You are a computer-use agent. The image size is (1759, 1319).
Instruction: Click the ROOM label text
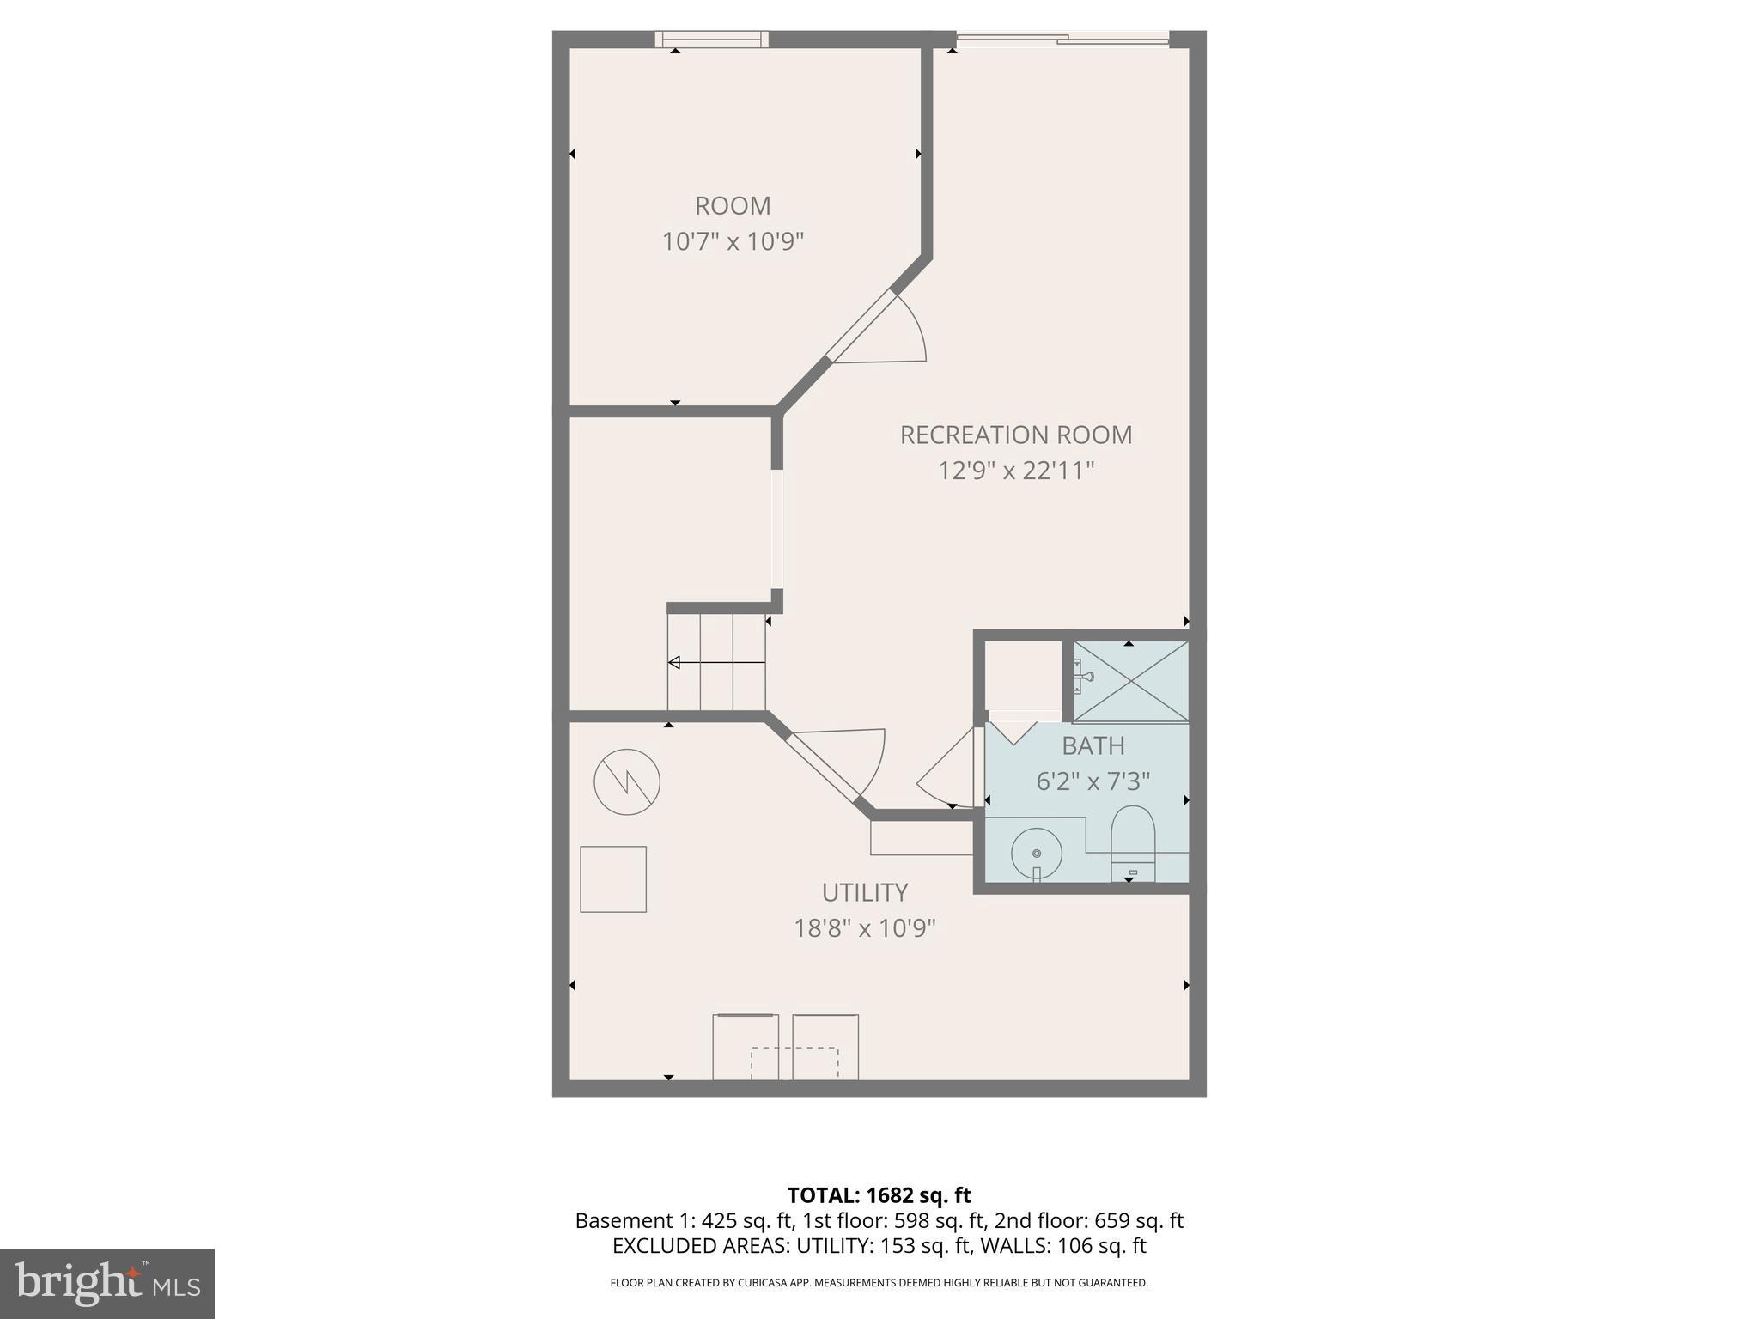(733, 206)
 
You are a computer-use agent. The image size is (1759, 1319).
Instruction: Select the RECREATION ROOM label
(1015, 435)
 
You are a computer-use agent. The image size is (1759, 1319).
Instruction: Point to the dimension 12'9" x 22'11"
(1015, 471)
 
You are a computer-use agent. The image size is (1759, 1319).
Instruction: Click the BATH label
(1093, 745)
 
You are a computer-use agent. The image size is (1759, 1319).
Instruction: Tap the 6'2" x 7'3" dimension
(1093, 781)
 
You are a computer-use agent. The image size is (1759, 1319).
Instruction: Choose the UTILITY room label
(864, 893)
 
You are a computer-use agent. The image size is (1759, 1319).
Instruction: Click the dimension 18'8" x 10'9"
(864, 929)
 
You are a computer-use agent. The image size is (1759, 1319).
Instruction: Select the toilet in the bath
(1133, 842)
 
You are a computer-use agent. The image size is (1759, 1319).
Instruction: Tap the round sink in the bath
(1037, 854)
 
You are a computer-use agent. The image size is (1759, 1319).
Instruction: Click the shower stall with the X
(1131, 681)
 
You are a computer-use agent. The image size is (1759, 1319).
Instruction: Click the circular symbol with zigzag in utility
(627, 782)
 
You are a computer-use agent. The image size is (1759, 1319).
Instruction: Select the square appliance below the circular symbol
(613, 879)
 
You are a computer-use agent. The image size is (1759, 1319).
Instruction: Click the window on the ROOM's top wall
(712, 39)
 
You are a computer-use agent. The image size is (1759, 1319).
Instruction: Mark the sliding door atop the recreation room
(1062, 39)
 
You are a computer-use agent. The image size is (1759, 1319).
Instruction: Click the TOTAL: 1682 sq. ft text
(879, 1195)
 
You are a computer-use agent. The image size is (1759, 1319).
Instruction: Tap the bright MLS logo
(107, 1283)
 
